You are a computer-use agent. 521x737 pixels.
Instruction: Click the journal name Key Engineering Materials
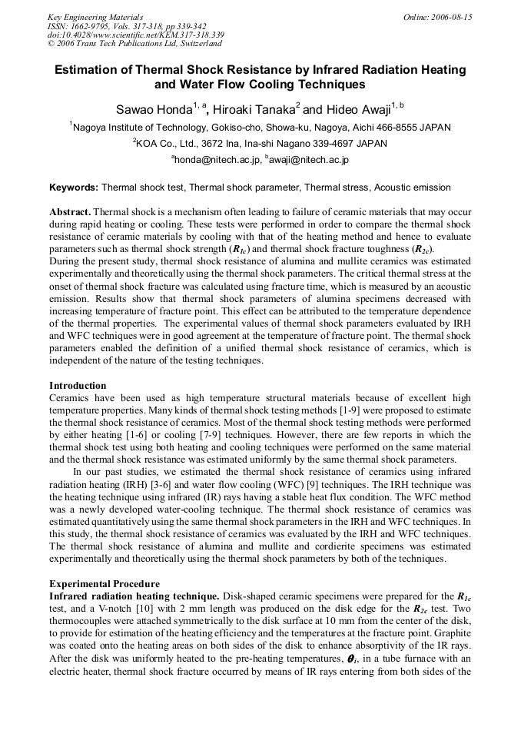(95, 17)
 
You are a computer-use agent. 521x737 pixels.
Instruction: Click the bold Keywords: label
(74, 188)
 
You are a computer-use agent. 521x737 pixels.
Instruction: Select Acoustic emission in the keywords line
(413, 188)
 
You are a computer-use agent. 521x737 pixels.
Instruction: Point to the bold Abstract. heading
(70, 212)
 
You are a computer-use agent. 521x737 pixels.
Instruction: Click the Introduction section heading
(78, 386)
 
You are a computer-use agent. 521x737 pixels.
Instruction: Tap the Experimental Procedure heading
(105, 584)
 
